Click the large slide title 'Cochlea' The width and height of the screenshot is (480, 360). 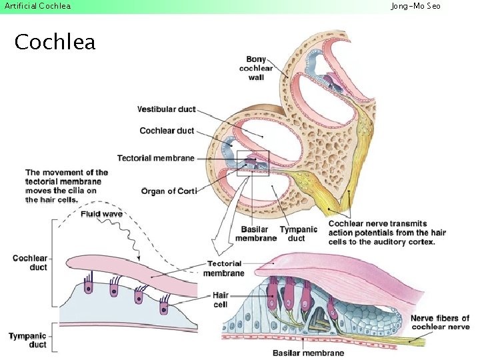click(55, 42)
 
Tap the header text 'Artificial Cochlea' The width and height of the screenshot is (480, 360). click(37, 6)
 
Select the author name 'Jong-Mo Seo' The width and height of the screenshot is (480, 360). click(415, 6)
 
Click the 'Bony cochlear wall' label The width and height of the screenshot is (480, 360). click(256, 68)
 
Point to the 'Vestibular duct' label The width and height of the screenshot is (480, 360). click(166, 109)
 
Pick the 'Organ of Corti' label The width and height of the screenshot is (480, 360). click(169, 191)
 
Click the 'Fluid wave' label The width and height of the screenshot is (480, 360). click(101, 214)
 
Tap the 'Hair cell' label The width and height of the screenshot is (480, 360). click(221, 299)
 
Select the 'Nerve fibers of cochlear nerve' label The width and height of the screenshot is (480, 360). click(439, 322)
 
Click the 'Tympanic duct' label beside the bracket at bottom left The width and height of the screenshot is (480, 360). click(28, 340)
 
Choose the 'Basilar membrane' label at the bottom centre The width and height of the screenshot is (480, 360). click(308, 353)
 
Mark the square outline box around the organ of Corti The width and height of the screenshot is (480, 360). click(253, 163)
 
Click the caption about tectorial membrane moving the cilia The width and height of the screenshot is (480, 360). click(67, 186)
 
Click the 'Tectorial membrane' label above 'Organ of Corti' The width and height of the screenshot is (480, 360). click(156, 158)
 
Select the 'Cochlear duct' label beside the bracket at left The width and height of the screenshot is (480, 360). click(30, 263)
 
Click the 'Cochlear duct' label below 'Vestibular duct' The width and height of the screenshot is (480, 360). click(167, 131)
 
